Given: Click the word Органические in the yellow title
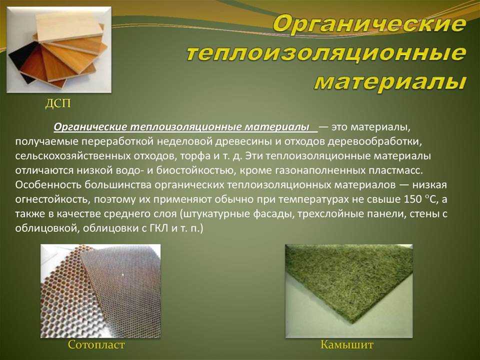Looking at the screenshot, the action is coord(369,23).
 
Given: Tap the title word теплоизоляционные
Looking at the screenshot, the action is coord(326,52).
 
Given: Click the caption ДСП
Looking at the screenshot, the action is coord(58,103).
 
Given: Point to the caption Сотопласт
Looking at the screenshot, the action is coord(96,344).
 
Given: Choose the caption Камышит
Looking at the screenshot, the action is coord(347,344).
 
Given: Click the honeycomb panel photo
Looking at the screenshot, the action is coord(100,291).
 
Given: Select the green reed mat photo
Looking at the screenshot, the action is coord(349,291).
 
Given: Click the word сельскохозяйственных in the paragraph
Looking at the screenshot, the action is coord(72,156).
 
